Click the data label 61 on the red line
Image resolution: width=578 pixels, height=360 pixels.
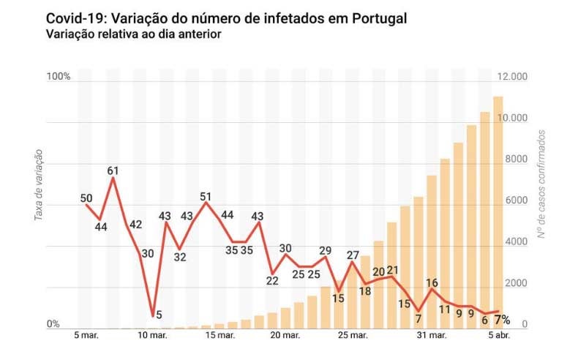click(113, 171)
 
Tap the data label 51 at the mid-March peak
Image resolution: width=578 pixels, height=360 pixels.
click(206, 197)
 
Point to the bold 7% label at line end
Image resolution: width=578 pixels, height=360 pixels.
click(502, 320)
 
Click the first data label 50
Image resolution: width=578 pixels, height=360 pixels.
click(86, 198)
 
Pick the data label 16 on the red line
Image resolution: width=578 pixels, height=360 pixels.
click(432, 283)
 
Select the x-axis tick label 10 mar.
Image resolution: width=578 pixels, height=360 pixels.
click(151, 337)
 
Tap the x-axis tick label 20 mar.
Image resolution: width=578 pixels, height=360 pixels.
click(286, 337)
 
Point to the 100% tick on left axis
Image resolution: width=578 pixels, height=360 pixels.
click(58, 77)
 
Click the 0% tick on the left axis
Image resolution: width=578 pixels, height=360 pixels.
click(53, 324)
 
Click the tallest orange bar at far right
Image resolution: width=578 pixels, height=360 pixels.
click(498, 212)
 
